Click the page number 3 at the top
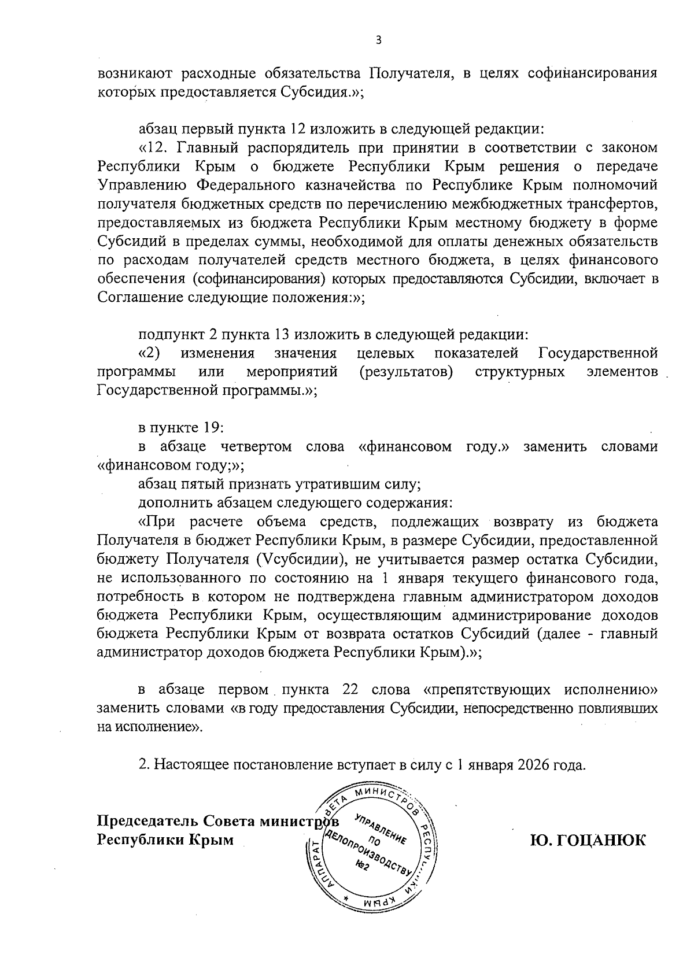tap(378, 40)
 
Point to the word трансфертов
tap(613, 204)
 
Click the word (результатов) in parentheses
tap(405, 372)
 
